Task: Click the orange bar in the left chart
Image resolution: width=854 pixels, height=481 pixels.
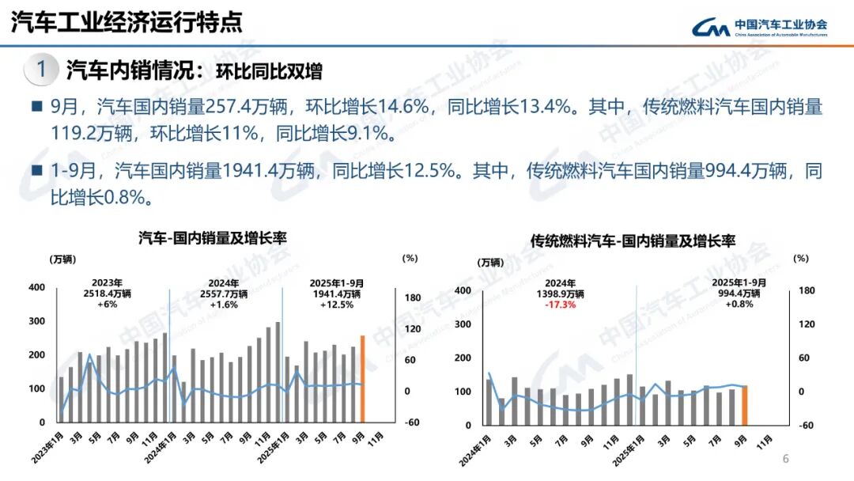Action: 363,379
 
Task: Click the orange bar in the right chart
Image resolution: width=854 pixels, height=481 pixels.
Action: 744,404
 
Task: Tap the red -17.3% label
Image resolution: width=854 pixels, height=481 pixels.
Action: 565,305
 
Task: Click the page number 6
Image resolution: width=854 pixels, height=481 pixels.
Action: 785,460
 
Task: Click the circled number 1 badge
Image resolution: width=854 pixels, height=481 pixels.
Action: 41,70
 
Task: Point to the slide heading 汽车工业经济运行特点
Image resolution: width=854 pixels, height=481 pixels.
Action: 127,23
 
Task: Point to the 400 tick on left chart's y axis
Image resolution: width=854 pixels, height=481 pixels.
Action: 36,288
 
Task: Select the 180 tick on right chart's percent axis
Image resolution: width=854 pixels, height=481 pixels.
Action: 806,290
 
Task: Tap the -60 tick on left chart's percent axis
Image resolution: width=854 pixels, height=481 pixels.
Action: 412,422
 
